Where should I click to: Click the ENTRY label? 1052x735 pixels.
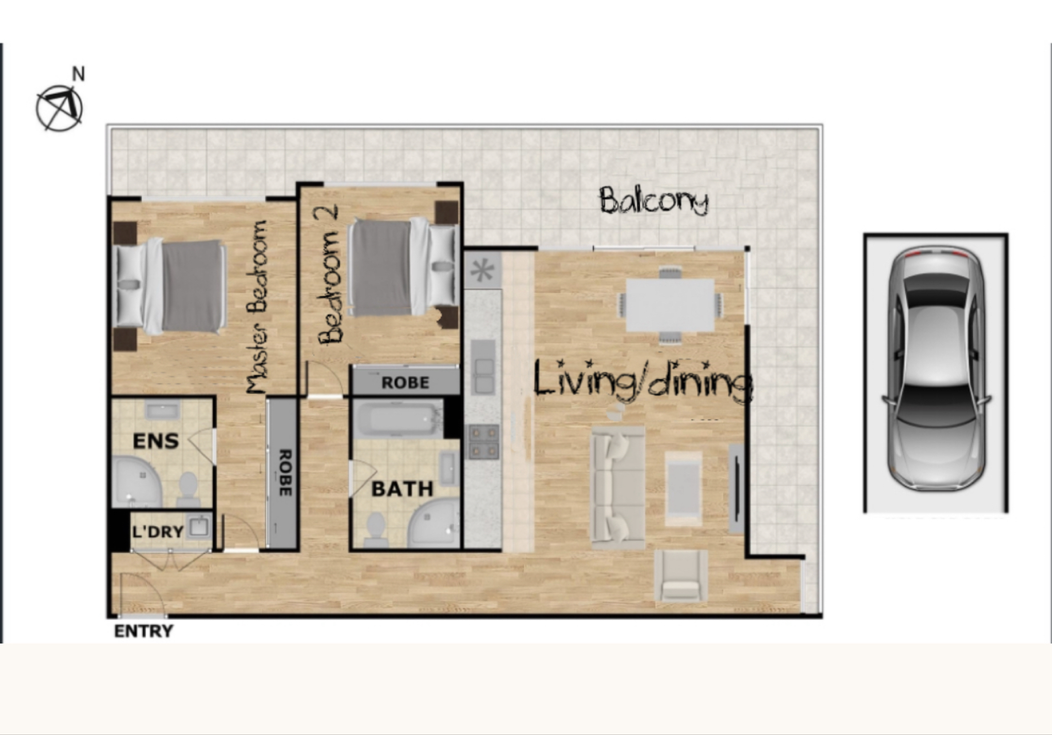click(x=144, y=632)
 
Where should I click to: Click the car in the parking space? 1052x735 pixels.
click(x=936, y=369)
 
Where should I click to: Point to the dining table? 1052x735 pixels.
click(x=670, y=305)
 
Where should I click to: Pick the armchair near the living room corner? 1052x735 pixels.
click(x=681, y=575)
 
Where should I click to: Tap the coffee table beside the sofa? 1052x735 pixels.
click(x=683, y=488)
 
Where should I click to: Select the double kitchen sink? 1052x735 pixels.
click(x=484, y=366)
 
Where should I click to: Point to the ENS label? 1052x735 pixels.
click(x=156, y=441)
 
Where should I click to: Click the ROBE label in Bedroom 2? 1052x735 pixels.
click(x=405, y=383)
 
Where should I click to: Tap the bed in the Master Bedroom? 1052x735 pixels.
click(x=171, y=286)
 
